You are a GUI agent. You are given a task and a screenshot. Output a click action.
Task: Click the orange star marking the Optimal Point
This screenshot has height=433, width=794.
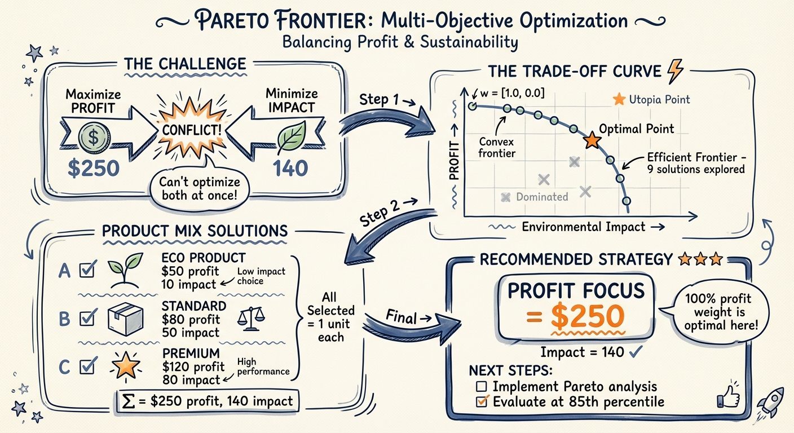(x=592, y=140)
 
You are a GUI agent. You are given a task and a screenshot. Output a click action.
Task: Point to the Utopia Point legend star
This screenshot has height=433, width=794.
(x=619, y=100)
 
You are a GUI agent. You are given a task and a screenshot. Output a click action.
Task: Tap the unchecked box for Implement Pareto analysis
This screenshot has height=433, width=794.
(x=481, y=387)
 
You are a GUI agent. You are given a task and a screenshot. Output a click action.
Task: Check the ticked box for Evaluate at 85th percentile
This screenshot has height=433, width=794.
(x=482, y=401)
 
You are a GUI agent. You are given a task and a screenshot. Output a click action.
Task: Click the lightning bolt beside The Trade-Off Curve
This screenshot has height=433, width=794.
(x=675, y=72)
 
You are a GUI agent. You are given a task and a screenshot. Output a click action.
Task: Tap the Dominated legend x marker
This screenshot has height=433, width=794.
(x=506, y=197)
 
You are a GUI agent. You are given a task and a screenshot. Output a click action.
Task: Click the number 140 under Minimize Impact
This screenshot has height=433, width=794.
(x=290, y=169)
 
